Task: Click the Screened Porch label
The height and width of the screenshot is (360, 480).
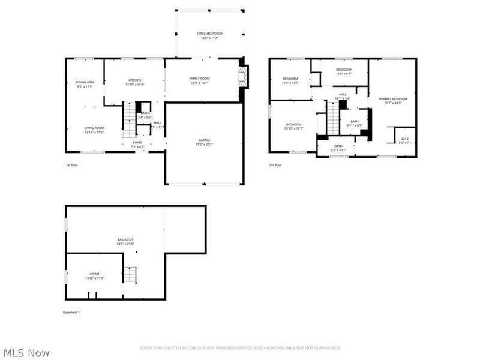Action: click(209, 35)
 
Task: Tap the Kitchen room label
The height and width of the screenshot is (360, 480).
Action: click(134, 82)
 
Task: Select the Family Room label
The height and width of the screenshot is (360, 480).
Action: click(199, 80)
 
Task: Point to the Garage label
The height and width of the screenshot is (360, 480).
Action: click(205, 142)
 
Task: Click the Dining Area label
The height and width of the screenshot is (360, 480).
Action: click(85, 84)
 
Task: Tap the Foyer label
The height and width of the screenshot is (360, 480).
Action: click(138, 145)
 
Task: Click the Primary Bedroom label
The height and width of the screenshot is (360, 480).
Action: click(392, 100)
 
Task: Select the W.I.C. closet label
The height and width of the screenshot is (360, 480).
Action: click(405, 140)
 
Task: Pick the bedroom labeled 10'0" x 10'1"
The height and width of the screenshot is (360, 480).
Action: click(290, 80)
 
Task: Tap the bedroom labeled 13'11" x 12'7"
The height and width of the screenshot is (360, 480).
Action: click(294, 126)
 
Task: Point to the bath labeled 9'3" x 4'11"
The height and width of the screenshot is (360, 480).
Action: click(338, 148)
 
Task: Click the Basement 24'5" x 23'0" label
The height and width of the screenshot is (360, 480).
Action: click(125, 242)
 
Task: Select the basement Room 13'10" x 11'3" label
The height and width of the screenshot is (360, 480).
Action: click(94, 275)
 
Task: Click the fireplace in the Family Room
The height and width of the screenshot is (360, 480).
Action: click(242, 77)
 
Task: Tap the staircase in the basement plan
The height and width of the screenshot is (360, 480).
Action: click(130, 275)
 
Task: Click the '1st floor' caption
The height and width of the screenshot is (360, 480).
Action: click(72, 165)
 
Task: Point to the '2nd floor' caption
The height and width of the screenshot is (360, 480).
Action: click(275, 165)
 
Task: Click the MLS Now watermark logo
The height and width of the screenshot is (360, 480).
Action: click(26, 353)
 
